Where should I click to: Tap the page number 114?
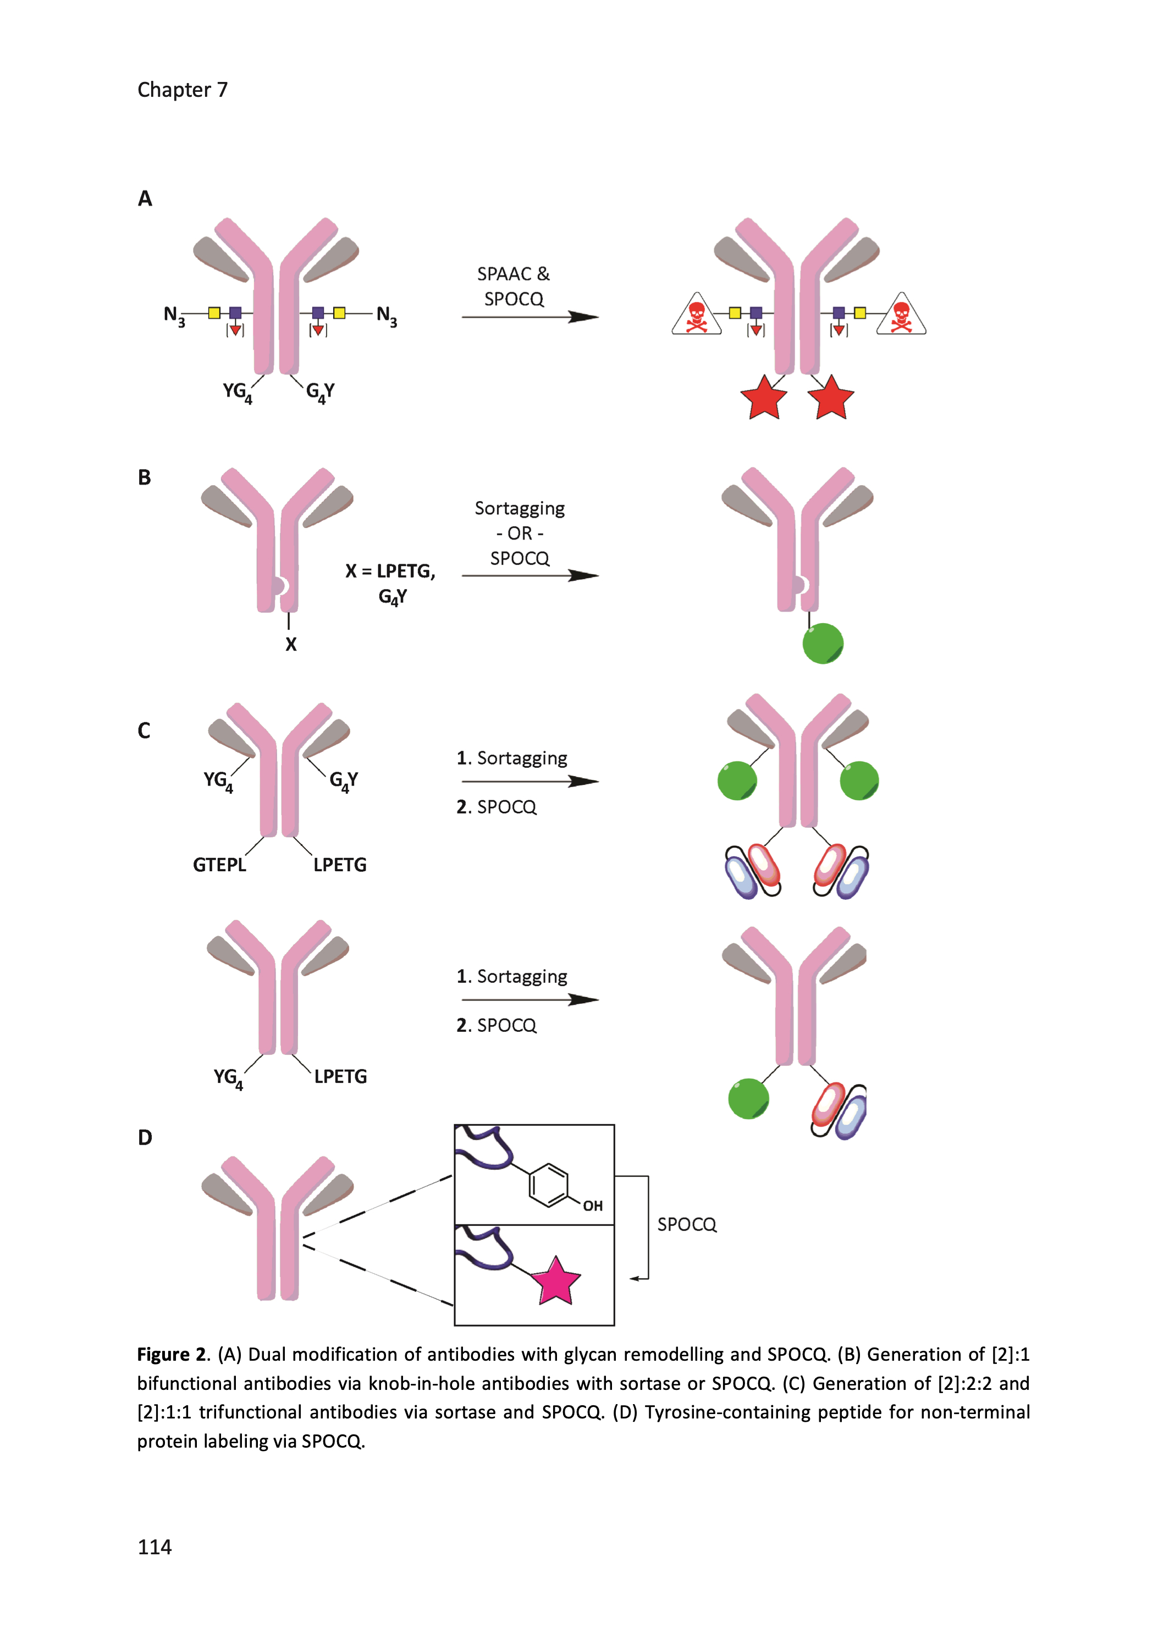point(154,1547)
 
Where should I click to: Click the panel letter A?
point(145,198)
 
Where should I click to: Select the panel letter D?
point(145,1137)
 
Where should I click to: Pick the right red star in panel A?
point(831,398)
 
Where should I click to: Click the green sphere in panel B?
point(822,643)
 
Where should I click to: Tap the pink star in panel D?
point(556,1282)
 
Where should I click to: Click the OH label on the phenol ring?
point(592,1205)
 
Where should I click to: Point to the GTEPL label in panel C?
point(219,865)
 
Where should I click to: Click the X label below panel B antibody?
point(291,644)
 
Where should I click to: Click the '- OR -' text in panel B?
point(520,533)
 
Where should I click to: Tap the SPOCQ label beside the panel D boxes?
point(687,1224)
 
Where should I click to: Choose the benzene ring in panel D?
point(549,1184)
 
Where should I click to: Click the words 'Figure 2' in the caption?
point(172,1355)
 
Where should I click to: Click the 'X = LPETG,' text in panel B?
point(390,571)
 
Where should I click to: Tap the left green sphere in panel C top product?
point(737,780)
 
